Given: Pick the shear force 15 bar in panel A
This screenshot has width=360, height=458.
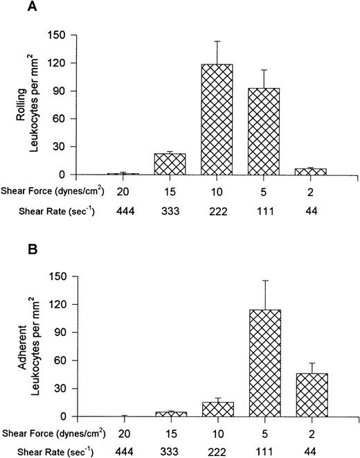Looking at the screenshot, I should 170,164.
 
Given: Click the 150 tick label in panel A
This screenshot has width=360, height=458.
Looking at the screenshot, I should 60,33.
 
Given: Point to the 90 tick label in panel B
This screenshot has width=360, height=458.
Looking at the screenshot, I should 63,332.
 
